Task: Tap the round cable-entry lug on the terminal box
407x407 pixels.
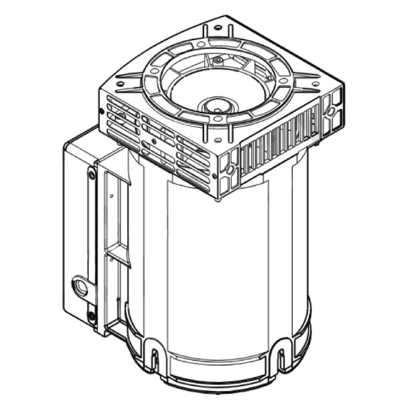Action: (82, 287)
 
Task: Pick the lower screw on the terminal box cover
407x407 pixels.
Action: (91, 315)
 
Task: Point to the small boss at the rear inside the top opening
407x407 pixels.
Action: (218, 61)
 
